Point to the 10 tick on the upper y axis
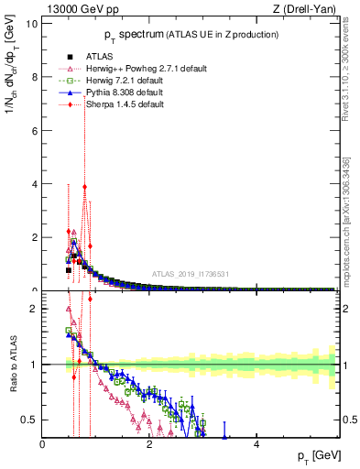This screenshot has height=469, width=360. pyautogui.click(x=32, y=23)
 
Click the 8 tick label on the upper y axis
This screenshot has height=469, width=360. pyautogui.click(x=34, y=77)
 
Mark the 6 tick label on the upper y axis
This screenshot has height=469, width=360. pyautogui.click(x=34, y=130)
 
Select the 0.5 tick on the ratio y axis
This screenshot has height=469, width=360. pyautogui.click(x=29, y=420)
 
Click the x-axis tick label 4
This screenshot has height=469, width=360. pyautogui.click(x=256, y=444)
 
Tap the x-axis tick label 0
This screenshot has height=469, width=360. pyautogui.click(x=42, y=444)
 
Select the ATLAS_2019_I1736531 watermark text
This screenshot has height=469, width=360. pyautogui.click(x=191, y=275)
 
